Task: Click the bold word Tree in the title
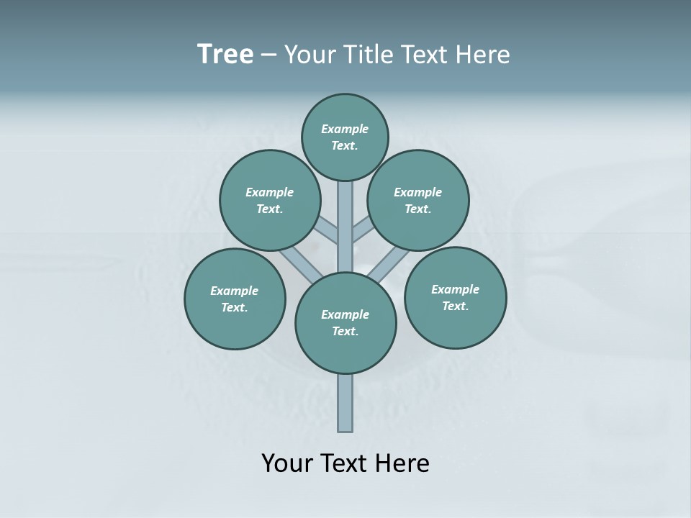(225, 54)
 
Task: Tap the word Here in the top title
(484, 54)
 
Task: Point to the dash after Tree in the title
(269, 55)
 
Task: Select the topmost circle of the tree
(345, 137)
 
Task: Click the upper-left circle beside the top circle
(270, 200)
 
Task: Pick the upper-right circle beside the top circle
(418, 200)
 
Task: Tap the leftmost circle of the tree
(235, 299)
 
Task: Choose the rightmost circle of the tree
(455, 297)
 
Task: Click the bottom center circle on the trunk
(345, 323)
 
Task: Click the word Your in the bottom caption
(286, 463)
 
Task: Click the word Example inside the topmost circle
(345, 129)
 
